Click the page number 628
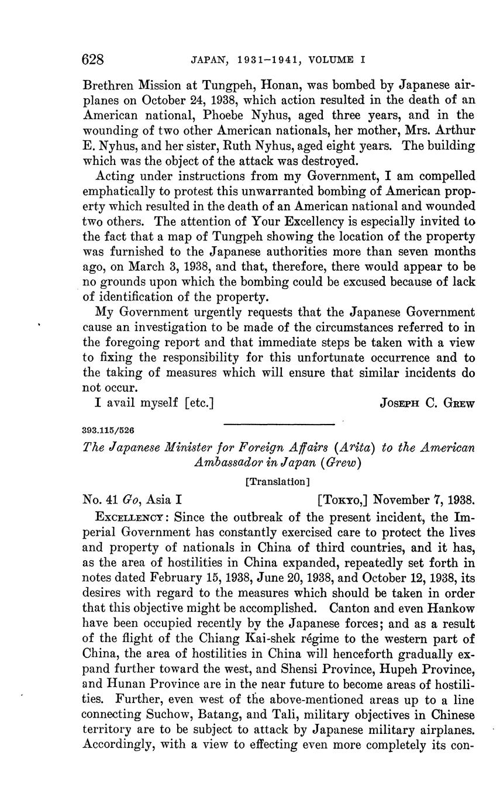(93, 60)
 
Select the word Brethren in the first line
(108, 84)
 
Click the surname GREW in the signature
(459, 403)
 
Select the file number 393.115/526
(108, 430)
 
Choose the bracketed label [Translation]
(277, 481)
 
